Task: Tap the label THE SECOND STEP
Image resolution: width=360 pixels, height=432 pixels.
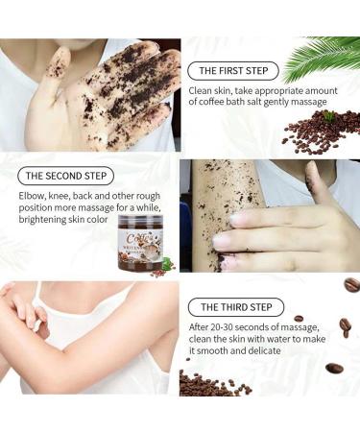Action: [x=66, y=176]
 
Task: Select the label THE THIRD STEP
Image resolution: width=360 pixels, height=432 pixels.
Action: [x=236, y=307]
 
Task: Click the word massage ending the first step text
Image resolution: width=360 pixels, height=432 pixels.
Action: [x=307, y=102]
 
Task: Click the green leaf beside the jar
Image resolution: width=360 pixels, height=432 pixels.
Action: [x=166, y=262]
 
